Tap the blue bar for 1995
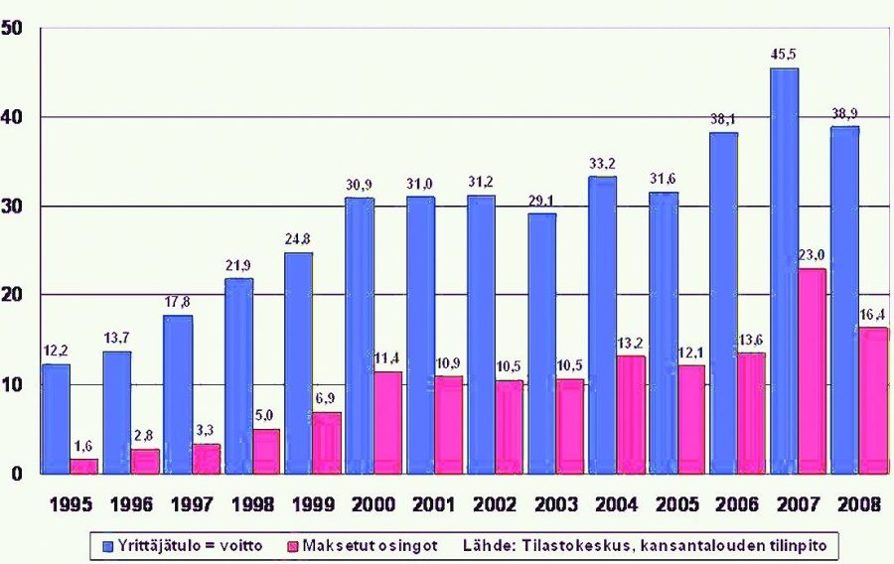click(x=56, y=418)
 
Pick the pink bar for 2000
click(x=360, y=422)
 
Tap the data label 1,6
click(x=84, y=447)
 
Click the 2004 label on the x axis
click(x=617, y=503)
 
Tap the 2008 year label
click(x=859, y=503)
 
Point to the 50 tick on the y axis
click(x=13, y=27)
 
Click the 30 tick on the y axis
click(x=13, y=206)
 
